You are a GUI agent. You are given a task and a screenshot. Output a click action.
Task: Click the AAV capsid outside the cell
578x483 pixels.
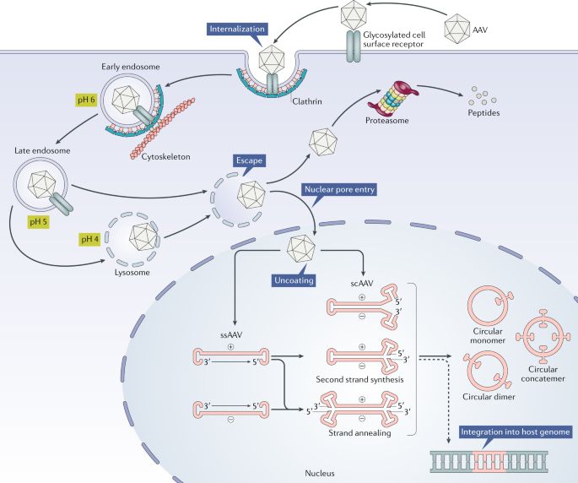click(x=457, y=27)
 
